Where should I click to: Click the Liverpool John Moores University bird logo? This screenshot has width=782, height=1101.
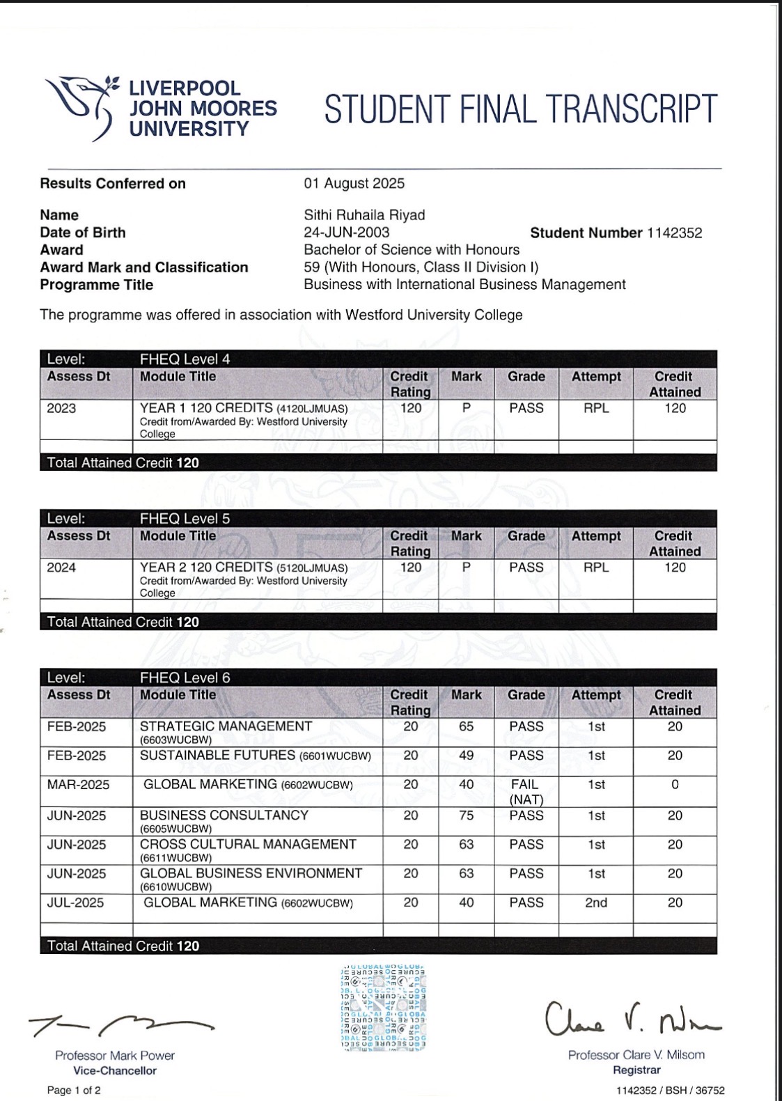pyautogui.click(x=81, y=106)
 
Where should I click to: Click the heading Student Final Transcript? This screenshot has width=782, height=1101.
pyautogui.click(x=520, y=109)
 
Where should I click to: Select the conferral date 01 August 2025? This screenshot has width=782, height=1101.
pyautogui.click(x=354, y=183)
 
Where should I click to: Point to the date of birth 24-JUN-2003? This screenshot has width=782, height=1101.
pyautogui.click(x=346, y=233)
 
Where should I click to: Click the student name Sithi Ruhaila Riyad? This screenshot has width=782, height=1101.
pyautogui.click(x=364, y=215)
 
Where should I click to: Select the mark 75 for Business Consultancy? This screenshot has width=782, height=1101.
pyautogui.click(x=466, y=815)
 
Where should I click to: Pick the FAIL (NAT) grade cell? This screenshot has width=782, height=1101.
pyautogui.click(x=526, y=792)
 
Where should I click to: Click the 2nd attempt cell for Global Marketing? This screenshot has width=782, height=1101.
pyautogui.click(x=596, y=903)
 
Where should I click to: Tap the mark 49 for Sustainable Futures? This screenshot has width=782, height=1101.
pyautogui.click(x=466, y=756)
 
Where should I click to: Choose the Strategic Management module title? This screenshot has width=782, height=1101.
pyautogui.click(x=226, y=726)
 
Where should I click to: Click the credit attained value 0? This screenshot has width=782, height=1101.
pyautogui.click(x=675, y=785)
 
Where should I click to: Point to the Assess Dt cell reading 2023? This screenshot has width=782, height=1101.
pyautogui.click(x=61, y=408)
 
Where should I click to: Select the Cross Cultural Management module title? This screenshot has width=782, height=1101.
pyautogui.click(x=248, y=845)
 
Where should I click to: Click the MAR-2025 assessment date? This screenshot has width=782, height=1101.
pyautogui.click(x=78, y=785)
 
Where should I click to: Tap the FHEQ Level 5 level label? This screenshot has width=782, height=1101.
pyautogui.click(x=185, y=519)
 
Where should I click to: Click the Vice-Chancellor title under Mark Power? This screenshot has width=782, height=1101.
pyautogui.click(x=115, y=1071)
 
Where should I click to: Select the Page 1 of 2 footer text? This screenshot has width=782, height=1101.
pyautogui.click(x=74, y=1091)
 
